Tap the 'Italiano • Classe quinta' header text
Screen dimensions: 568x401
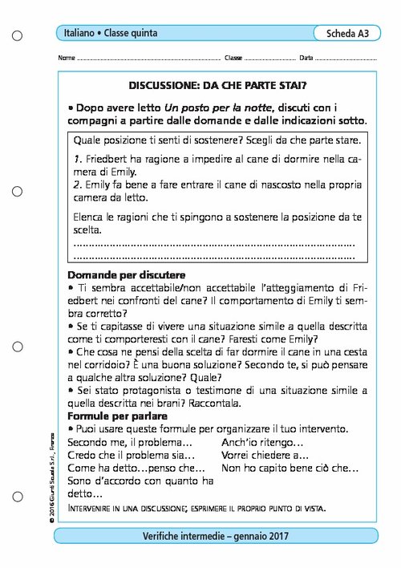(111, 33)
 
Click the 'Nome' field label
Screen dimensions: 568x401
(67, 59)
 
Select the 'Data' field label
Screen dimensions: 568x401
(306, 59)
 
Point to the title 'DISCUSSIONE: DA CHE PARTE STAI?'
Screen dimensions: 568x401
(217, 84)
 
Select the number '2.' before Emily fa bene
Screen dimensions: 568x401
(78, 185)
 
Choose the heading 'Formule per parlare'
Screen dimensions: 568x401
(117, 416)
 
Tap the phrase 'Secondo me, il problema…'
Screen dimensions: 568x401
(130, 442)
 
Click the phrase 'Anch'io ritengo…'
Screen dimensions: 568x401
(261, 442)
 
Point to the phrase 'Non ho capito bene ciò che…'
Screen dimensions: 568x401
(290, 468)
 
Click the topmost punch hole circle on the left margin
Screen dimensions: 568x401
(18, 35)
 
